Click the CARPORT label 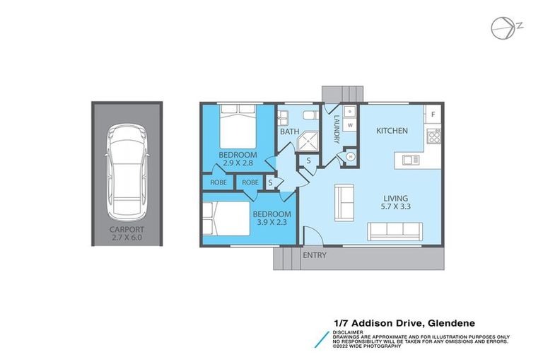(127, 228)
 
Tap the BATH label (288, 132)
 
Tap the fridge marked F (433, 114)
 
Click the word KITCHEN (392, 131)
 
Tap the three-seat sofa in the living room (395, 230)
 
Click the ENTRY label (315, 255)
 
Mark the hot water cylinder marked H (350, 158)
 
